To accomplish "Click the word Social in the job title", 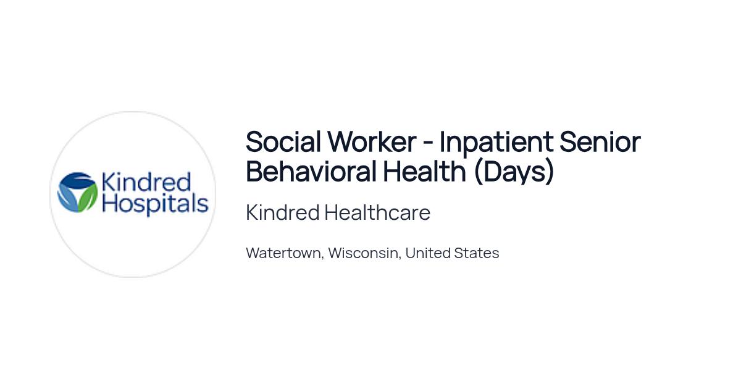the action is [x=283, y=142].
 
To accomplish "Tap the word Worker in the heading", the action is [x=372, y=142].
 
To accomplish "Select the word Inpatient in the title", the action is [x=496, y=143].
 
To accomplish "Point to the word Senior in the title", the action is [x=600, y=142].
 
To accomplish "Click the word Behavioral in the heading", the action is [x=311, y=171].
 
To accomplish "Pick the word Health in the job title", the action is [x=424, y=171].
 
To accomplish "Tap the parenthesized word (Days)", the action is [x=513, y=172].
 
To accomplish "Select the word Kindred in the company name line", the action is [x=283, y=212].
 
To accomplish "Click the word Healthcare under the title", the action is [x=377, y=212].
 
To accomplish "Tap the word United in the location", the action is [x=428, y=253].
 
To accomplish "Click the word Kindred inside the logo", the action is [x=146, y=182].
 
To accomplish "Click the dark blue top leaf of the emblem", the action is [x=78, y=180].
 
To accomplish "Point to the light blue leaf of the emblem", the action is [x=67, y=198].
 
